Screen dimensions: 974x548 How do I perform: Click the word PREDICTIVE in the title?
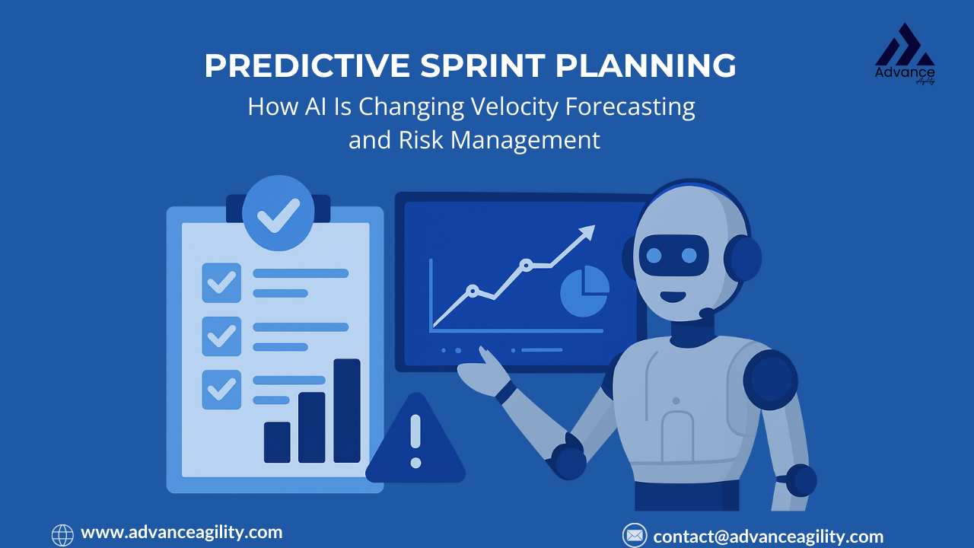click(307, 65)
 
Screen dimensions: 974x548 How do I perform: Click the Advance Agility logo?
click(905, 53)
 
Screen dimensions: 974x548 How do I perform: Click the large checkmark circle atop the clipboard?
click(279, 213)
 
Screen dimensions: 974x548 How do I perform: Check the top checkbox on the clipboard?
click(221, 282)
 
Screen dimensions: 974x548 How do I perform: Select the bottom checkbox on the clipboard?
click(221, 390)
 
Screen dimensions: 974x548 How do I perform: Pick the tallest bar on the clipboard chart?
click(347, 410)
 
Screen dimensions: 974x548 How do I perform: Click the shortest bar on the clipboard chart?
click(277, 442)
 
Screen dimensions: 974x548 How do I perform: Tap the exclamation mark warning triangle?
click(415, 440)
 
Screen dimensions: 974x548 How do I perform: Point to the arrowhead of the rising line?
click(588, 231)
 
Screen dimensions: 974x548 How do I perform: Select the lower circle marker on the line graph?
click(473, 291)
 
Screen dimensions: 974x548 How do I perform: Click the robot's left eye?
click(654, 256)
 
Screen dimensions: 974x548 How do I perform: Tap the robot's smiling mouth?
click(673, 297)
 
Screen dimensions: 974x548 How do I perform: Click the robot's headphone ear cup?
click(743, 258)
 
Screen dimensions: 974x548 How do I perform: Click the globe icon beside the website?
click(62, 535)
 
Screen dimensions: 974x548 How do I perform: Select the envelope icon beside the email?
click(635, 535)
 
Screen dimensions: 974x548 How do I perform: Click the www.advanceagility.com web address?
click(182, 533)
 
